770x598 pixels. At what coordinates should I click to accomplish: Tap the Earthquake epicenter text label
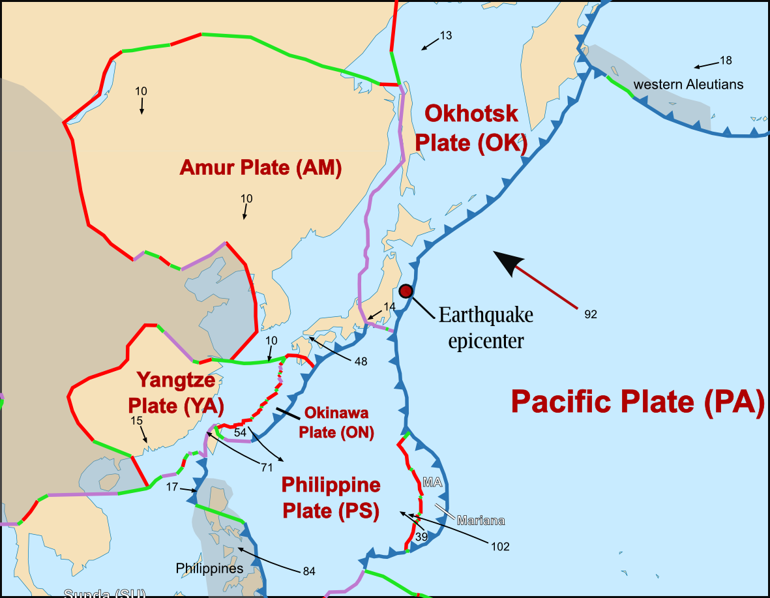pos(486,327)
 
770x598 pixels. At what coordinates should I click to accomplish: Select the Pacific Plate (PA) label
pos(637,402)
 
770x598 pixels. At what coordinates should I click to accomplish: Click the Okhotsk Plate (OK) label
pos(471,128)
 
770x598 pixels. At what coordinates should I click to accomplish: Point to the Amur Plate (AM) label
pos(261,168)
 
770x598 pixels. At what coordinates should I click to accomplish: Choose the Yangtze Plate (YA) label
pos(180,392)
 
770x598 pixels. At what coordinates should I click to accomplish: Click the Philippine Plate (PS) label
pos(331,498)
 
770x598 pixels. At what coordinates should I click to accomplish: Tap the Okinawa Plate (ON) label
pos(336,423)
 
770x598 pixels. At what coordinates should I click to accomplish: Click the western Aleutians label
pos(688,85)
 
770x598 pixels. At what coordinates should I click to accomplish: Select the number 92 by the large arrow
pos(591,314)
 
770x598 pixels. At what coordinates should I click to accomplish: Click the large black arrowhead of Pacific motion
pos(508,262)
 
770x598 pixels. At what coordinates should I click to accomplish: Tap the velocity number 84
pos(309,571)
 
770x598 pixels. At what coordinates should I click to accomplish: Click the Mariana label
pos(481,520)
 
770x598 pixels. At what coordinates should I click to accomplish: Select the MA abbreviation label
pos(433,483)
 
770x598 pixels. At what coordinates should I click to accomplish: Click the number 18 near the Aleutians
pos(726,61)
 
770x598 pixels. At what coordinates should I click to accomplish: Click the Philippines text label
pos(209,569)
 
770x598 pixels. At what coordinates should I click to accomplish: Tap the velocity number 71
pos(266,467)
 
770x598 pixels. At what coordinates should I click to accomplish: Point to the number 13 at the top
pos(446,36)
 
